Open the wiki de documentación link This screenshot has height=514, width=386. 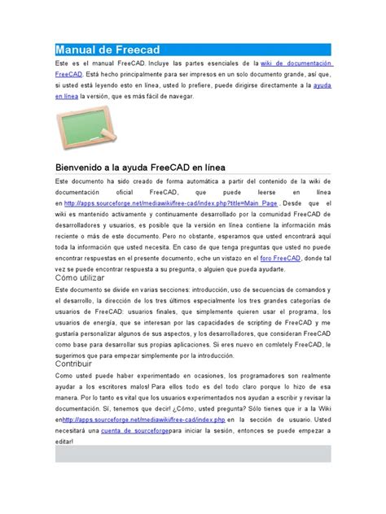(x=296, y=62)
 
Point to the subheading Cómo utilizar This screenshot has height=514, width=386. (x=81, y=278)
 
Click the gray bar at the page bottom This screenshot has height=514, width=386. (x=193, y=455)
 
